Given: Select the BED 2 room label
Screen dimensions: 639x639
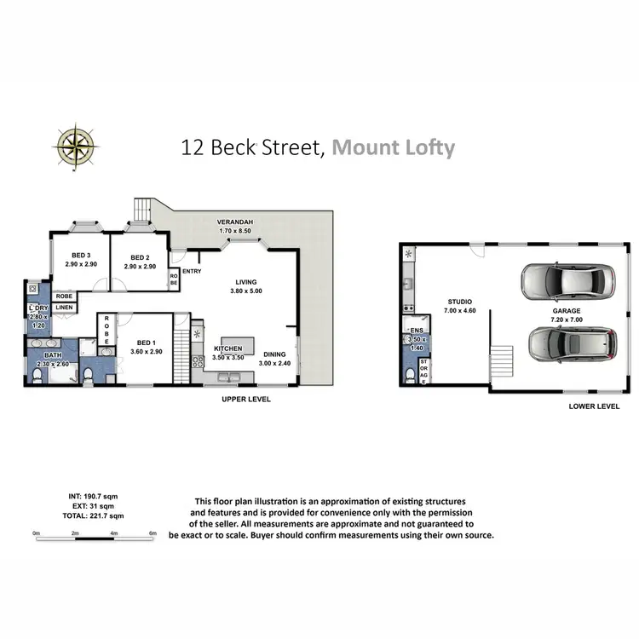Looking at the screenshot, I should (141, 256).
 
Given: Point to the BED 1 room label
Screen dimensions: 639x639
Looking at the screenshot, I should (146, 342).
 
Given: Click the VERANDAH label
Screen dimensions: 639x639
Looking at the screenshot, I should (235, 222).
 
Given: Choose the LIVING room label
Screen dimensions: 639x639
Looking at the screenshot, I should (246, 282).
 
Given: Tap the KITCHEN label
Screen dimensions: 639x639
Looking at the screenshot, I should (227, 348).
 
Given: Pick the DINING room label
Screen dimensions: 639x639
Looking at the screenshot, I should (274, 354).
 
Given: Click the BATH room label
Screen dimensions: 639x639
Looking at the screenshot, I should (53, 355).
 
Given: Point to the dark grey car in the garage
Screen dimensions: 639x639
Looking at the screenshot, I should (573, 343).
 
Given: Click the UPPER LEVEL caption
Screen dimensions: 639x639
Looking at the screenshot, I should (246, 399).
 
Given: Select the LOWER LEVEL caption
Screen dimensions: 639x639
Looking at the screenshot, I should (594, 406).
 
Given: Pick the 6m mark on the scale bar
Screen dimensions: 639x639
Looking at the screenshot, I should (153, 533).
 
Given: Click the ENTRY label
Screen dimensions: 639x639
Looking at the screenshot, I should (192, 272).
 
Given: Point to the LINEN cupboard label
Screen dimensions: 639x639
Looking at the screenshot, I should (65, 308).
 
